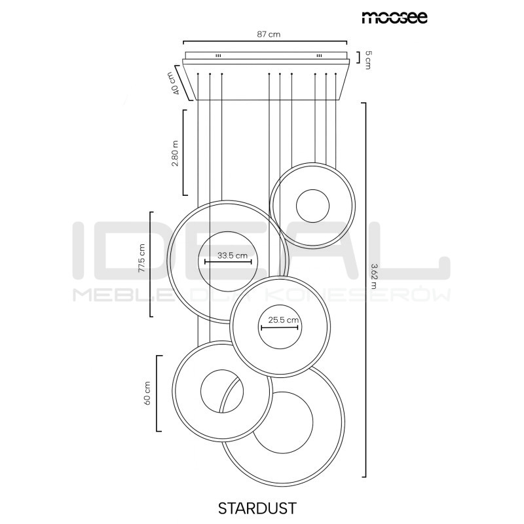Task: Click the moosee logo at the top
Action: coord(394,16)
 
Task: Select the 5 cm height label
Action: coord(368,61)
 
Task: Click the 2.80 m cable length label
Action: coord(175,153)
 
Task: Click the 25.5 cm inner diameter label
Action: coord(280,321)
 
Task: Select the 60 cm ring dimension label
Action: coord(147,393)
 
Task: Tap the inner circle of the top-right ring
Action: coord(312,206)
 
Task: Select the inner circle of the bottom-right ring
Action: coord(284,421)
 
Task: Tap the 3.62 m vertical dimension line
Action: coord(364,289)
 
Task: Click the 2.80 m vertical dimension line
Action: coord(183,151)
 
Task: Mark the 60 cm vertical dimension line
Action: coord(157,393)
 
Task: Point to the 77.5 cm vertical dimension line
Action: coord(151,264)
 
